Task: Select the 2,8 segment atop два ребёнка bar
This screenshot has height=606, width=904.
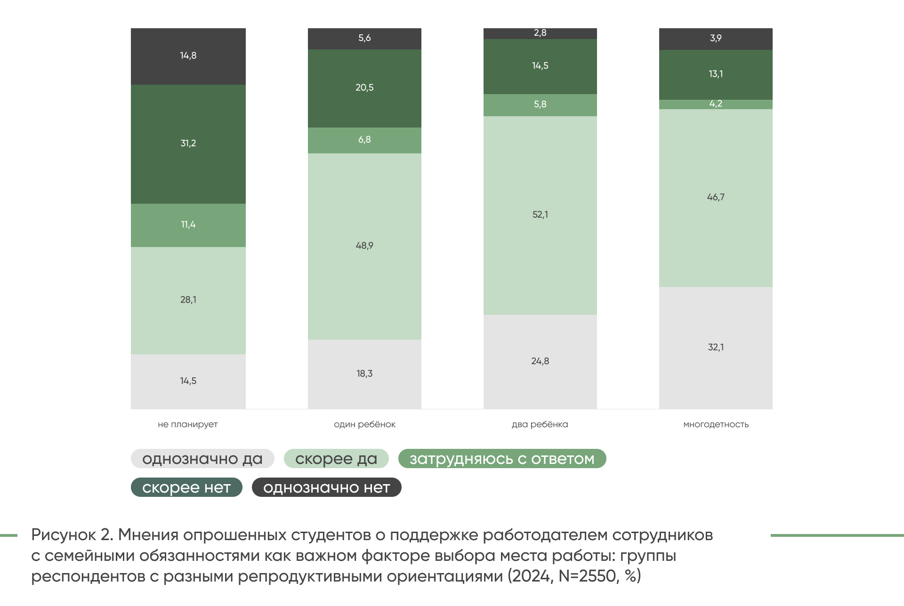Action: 540,33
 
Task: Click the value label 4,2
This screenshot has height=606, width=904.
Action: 716,104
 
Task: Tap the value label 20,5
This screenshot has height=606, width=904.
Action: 364,88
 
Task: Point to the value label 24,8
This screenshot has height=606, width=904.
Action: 540,361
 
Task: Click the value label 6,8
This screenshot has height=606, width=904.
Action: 364,140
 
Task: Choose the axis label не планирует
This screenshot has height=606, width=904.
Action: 188,424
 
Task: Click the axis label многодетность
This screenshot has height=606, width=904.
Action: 716,424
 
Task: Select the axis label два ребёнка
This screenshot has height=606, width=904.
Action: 540,424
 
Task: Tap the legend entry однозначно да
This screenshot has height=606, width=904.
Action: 202,459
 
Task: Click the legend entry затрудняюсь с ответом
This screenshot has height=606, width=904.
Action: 502,459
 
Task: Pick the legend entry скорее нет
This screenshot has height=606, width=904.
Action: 186,487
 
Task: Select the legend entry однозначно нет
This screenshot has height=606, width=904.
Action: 326,487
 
